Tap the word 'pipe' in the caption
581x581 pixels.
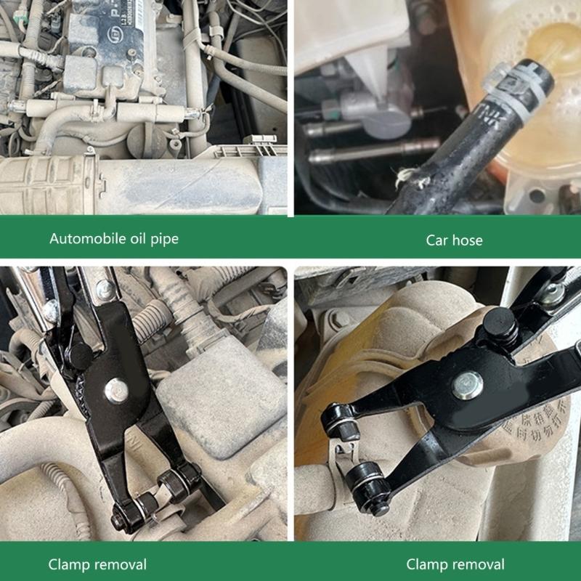click(x=163, y=239)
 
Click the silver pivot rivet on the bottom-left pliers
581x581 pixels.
click(x=115, y=391)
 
